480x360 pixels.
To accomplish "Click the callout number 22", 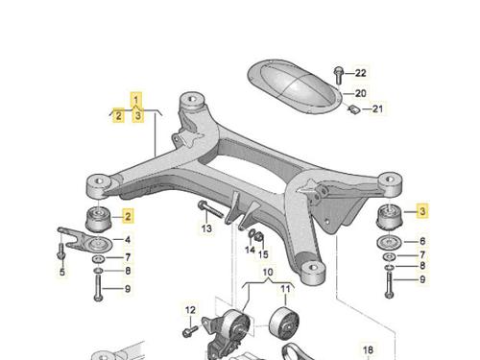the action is [x=360, y=73].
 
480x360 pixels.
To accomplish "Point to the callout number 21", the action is [x=377, y=108].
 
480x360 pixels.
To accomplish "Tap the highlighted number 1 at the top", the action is [x=136, y=99].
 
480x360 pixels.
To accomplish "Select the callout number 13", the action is [x=206, y=228].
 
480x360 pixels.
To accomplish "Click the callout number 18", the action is [x=368, y=349].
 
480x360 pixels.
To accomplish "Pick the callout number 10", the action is [x=268, y=273].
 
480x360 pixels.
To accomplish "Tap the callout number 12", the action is [x=190, y=310].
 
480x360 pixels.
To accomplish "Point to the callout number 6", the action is [x=422, y=241].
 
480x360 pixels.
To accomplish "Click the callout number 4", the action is [x=128, y=240].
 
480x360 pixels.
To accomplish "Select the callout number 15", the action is [x=263, y=254].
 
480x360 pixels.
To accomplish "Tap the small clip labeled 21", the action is [x=354, y=109].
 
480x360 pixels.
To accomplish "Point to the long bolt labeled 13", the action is [x=210, y=209].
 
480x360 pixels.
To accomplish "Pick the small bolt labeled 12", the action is [x=190, y=331].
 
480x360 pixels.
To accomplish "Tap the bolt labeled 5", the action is [x=60, y=251].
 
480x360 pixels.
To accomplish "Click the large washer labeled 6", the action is [x=389, y=243].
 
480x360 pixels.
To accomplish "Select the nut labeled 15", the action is [x=260, y=237].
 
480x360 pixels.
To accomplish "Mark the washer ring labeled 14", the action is [x=252, y=234].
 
